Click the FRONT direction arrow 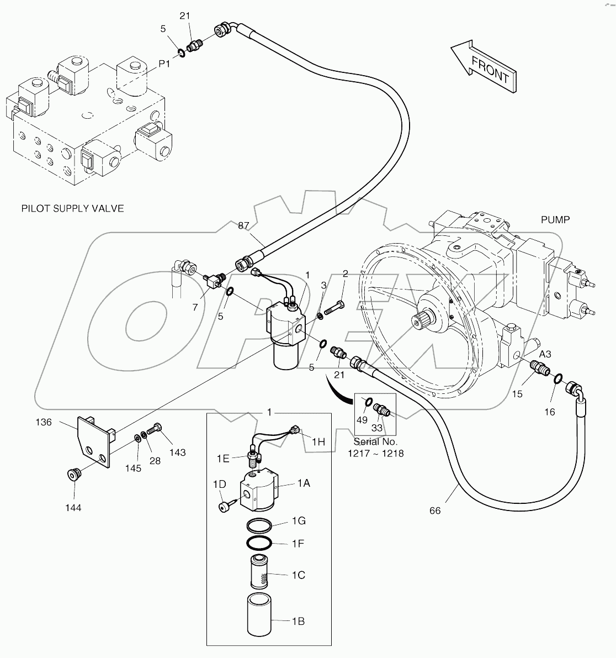[x=484, y=66]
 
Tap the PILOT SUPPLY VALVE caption [x=72, y=208]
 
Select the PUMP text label [x=555, y=219]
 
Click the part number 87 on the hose [x=244, y=225]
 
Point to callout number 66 [x=435, y=510]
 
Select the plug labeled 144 [x=73, y=474]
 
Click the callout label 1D [x=219, y=485]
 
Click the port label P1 [x=165, y=64]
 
